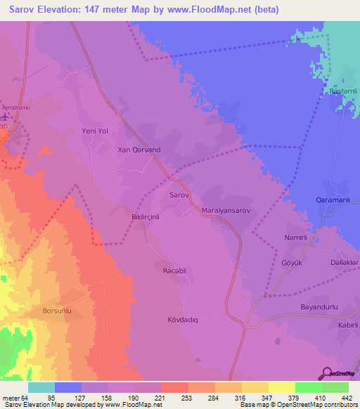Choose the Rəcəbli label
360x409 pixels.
pyautogui.click(x=176, y=270)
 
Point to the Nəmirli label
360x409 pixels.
pyautogui.click(x=297, y=238)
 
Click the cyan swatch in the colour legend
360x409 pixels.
pyautogui.click(x=41, y=387)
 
